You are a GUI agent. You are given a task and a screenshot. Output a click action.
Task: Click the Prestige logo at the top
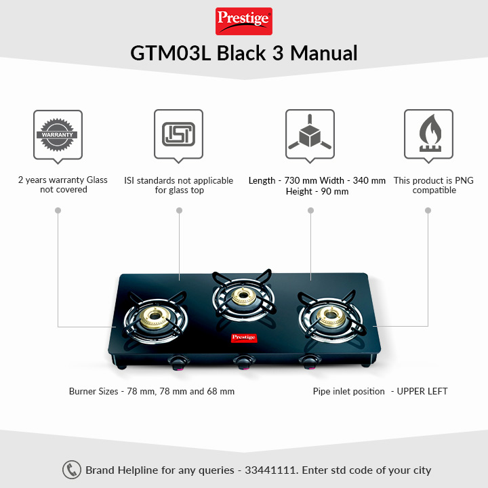(244, 21)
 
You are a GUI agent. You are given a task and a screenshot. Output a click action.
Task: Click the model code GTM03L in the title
(171, 53)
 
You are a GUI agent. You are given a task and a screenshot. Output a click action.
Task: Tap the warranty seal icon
(58, 135)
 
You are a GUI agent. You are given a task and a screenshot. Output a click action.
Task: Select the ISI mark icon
(178, 134)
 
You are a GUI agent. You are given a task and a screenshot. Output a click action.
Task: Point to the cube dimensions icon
(310, 132)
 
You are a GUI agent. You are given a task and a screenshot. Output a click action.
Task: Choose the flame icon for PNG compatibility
(430, 133)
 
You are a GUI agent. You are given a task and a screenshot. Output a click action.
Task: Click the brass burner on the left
(155, 317)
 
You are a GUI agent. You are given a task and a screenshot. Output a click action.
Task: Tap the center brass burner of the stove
(244, 296)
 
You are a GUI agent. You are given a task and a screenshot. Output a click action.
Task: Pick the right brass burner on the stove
(331, 317)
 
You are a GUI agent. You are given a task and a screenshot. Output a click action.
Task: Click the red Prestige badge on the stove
(244, 338)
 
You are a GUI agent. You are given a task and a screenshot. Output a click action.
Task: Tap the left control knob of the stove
(178, 363)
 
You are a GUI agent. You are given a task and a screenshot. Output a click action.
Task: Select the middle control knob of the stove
(244, 363)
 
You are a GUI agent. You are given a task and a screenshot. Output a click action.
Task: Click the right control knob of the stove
(310, 362)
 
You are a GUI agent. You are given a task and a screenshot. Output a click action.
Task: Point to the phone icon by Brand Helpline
(72, 470)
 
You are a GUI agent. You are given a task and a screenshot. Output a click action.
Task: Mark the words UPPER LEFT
(422, 391)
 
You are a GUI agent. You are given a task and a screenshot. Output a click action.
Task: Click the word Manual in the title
(324, 53)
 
